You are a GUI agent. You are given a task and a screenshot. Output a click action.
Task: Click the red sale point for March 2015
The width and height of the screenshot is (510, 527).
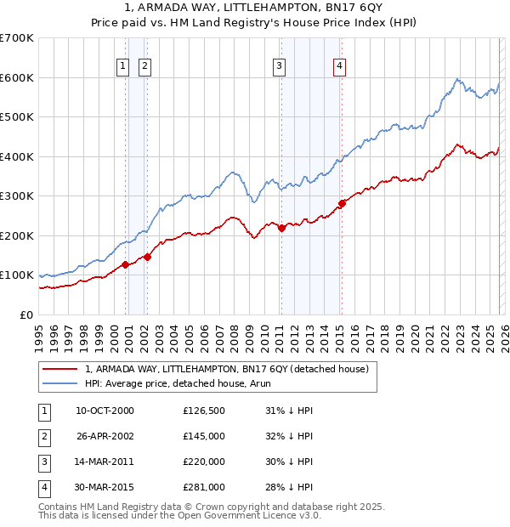(342, 203)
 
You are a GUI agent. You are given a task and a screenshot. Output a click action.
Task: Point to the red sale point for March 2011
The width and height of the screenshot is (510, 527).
(281, 227)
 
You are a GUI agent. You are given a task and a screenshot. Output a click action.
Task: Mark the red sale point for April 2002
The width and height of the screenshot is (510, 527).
(147, 257)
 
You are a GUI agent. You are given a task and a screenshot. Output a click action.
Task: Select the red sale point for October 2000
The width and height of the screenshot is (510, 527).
(125, 264)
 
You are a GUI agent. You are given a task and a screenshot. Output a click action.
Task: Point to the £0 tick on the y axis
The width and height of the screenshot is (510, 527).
(27, 314)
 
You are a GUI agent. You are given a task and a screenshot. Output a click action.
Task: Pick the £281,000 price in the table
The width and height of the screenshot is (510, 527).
(204, 487)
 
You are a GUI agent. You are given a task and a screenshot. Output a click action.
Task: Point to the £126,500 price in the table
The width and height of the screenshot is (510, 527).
(204, 411)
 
